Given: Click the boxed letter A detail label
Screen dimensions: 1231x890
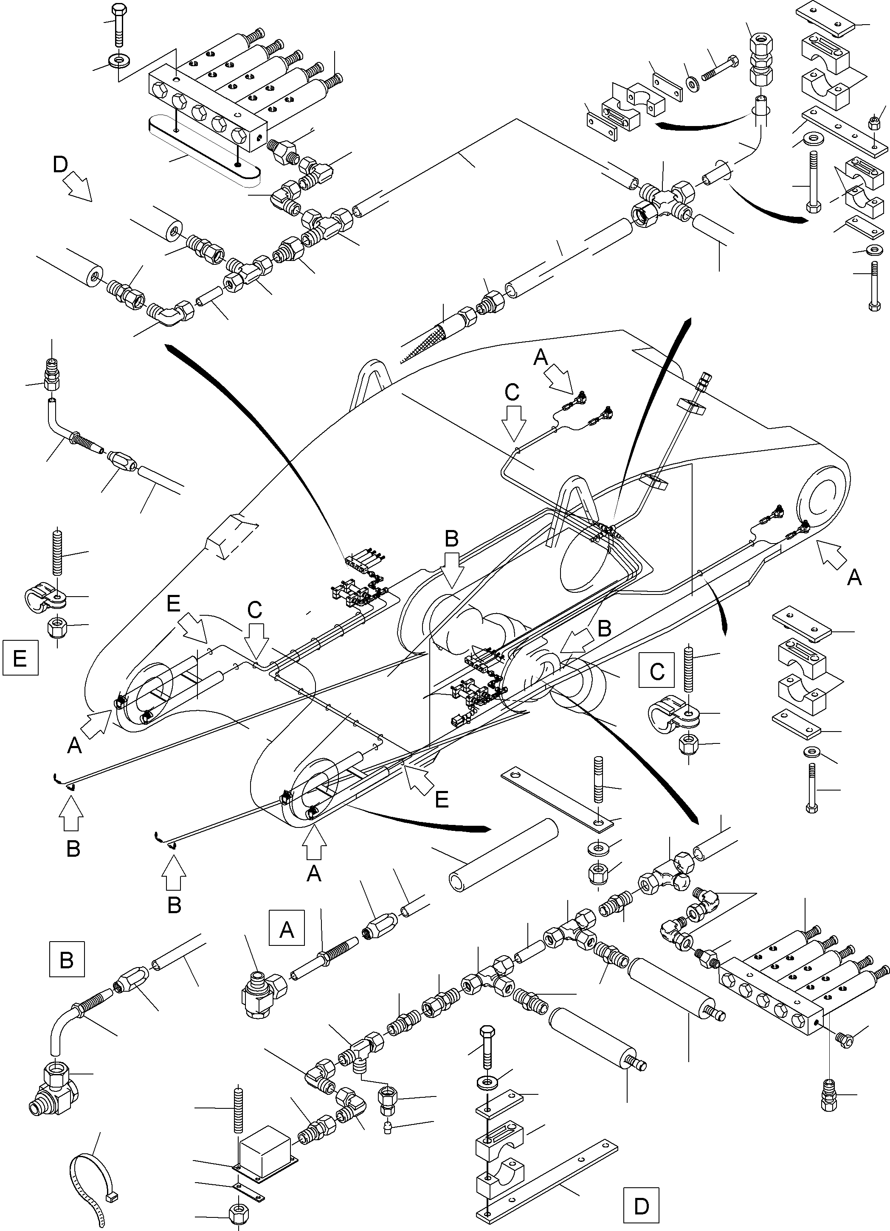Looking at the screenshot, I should (286, 930).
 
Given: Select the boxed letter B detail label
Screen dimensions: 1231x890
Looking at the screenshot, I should (66, 959).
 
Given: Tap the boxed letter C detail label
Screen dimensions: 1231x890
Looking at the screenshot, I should (656, 671).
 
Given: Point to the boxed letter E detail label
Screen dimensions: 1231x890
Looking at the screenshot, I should (20, 658).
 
